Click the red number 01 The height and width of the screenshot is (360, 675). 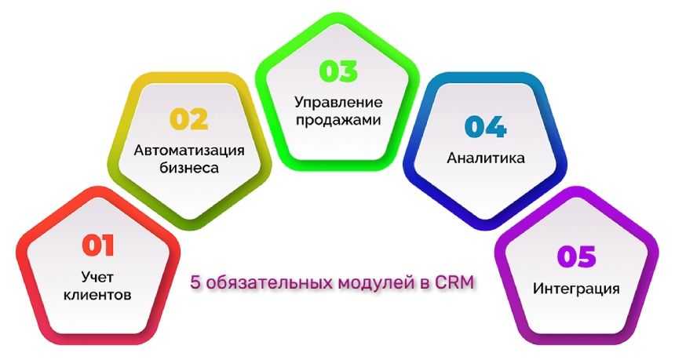[98, 245]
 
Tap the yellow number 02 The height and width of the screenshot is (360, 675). [188, 119]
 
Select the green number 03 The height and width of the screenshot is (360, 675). [338, 71]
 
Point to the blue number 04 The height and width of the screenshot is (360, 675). [485, 126]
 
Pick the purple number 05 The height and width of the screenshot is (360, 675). [576, 256]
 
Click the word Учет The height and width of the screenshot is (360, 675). [97, 277]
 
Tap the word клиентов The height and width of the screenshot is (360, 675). [97, 295]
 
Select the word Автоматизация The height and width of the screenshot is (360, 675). [189, 151]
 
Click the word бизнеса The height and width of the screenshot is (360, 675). [189, 167]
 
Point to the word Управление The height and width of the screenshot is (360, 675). [338, 103]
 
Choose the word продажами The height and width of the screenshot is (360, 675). [338, 120]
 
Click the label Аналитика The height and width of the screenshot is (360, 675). [486, 158]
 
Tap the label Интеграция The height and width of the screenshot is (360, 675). [576, 288]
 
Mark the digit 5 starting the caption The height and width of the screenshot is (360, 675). [195, 283]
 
